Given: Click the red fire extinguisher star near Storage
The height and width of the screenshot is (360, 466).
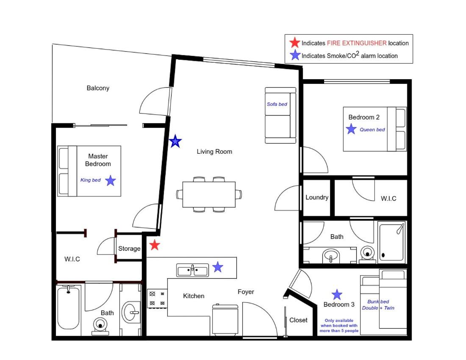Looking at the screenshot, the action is click(155, 245).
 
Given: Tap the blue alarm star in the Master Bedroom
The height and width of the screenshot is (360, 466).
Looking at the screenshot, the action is click(111, 180).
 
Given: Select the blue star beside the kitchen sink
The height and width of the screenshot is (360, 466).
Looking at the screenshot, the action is click(218, 267).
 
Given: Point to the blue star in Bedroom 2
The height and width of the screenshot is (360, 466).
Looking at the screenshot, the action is click(351, 129).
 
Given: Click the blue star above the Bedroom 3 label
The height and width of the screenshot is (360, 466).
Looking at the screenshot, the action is click(337, 295).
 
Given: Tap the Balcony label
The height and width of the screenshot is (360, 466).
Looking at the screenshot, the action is click(98, 88).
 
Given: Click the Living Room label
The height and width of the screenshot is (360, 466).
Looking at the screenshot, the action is click(214, 152).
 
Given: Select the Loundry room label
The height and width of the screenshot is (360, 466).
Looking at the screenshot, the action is click(317, 197).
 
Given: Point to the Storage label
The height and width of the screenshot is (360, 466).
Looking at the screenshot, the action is click(129, 248).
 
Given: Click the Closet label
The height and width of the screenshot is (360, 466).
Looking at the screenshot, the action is click(298, 320).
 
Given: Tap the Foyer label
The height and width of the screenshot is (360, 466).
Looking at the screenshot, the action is click(246, 292).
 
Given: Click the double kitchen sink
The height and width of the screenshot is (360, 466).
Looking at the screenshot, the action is click(193, 270).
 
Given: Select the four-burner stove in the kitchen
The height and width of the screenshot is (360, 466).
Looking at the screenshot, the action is click(157, 299).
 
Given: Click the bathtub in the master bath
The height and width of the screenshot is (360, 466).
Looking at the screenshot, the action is click(68, 307).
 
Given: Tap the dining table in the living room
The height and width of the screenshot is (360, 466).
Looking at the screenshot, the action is click(209, 194).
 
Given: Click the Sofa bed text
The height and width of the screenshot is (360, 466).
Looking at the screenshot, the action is click(277, 104).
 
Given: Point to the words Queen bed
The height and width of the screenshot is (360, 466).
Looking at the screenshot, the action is click(372, 130).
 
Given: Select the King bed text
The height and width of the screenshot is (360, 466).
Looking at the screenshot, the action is click(90, 180).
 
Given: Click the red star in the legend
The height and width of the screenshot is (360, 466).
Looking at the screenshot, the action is click(295, 42).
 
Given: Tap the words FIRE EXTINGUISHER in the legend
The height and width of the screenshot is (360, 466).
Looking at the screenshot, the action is click(357, 43).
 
